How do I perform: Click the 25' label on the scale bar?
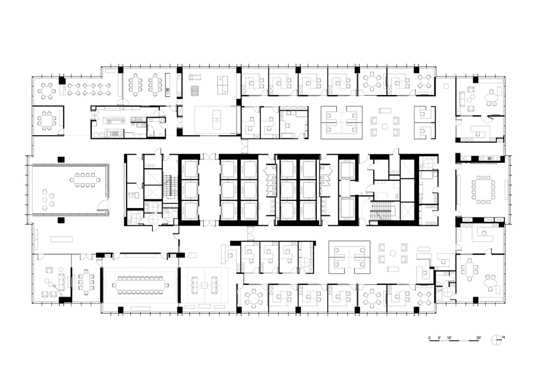(478, 338)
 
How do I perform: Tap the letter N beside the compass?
(503, 337)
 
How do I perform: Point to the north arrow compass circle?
(496, 340)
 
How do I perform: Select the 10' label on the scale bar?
(449, 338)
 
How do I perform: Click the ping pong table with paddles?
(222, 85)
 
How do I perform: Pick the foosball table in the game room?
(194, 91)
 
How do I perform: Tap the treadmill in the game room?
(195, 77)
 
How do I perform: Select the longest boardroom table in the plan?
(140, 285)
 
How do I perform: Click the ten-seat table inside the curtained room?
(85, 180)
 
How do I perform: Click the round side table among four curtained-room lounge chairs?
(45, 199)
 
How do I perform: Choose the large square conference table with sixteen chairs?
(483, 190)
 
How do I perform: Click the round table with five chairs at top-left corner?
(47, 91)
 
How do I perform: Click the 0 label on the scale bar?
(429, 338)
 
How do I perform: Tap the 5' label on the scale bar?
(439, 338)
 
